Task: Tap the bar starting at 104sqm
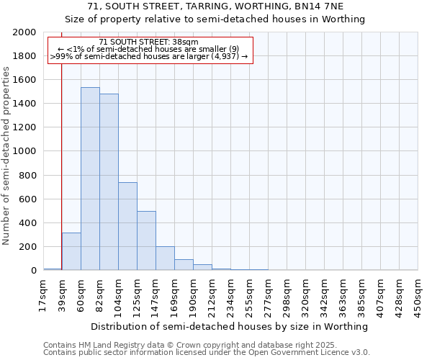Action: pos(127,226)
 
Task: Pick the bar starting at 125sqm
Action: pos(146,240)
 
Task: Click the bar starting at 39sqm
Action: pos(71,251)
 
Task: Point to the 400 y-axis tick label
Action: pos(27,223)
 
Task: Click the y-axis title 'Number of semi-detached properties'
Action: pos(6,155)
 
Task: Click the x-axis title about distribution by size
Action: pos(230,326)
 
